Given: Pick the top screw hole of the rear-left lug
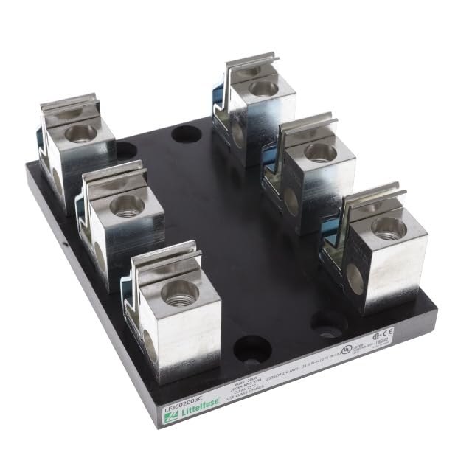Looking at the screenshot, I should (80, 133).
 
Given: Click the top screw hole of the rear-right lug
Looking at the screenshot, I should (262, 88).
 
